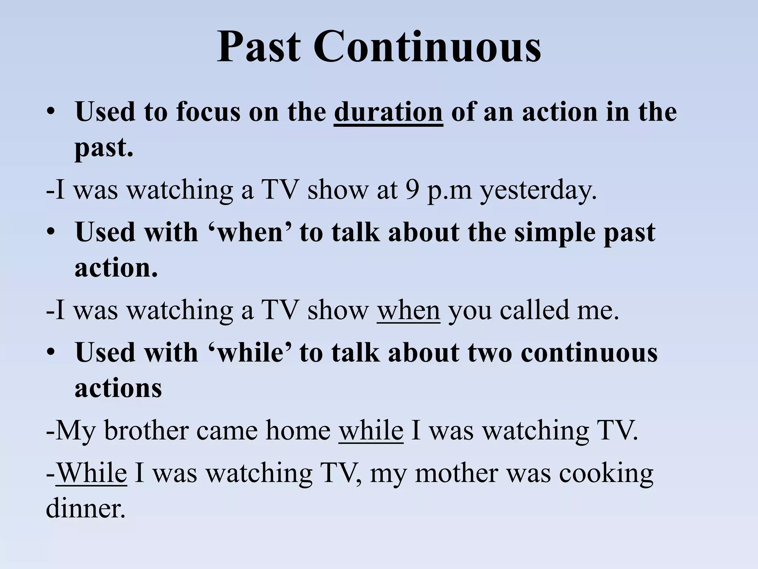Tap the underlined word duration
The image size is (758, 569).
click(x=388, y=112)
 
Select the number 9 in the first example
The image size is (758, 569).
click(x=412, y=190)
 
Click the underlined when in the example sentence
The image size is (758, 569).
click(x=409, y=310)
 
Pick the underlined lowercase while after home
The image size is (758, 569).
click(x=371, y=430)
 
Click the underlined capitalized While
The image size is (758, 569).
click(x=92, y=473)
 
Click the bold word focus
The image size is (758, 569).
click(x=208, y=112)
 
